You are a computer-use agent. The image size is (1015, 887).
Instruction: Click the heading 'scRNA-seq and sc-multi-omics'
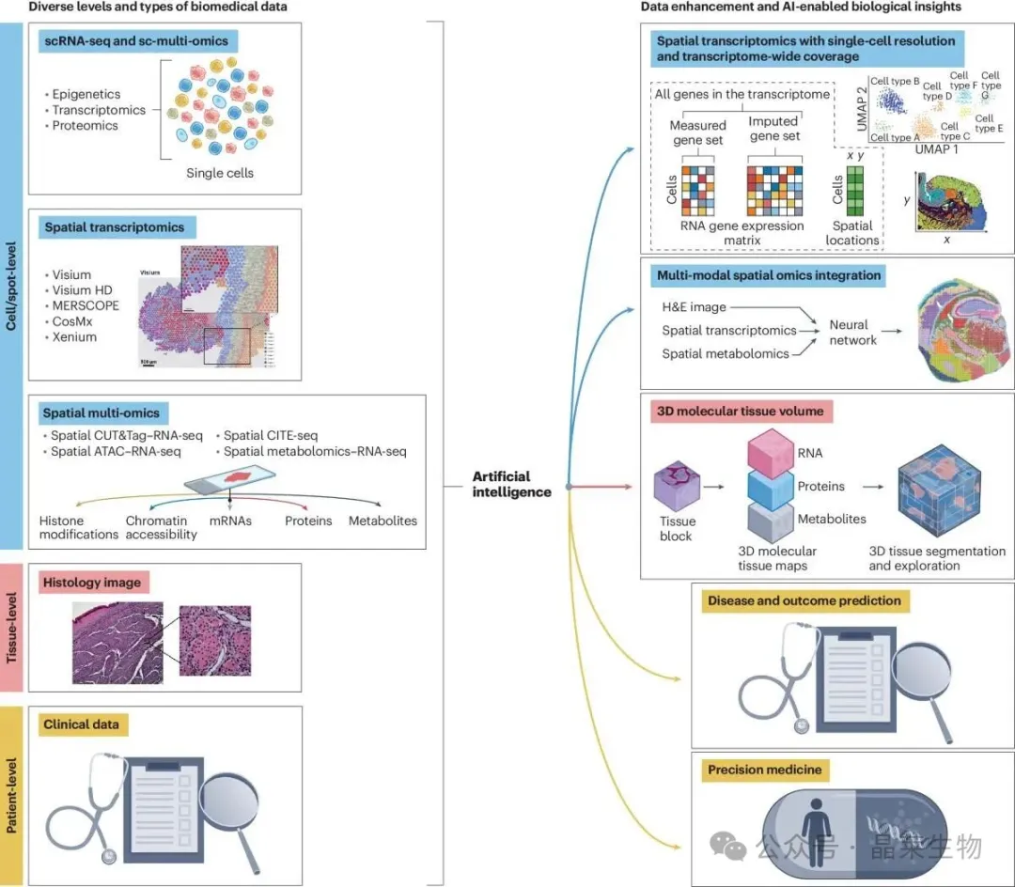tap(136, 41)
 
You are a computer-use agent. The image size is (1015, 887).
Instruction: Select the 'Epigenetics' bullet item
tap(86, 94)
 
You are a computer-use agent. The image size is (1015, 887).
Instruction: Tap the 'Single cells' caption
tap(220, 173)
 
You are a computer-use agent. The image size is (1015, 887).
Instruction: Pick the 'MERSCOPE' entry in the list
tap(88, 306)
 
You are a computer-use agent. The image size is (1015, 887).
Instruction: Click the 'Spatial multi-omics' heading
tap(101, 412)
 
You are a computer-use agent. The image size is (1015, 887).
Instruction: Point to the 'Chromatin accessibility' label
tap(162, 527)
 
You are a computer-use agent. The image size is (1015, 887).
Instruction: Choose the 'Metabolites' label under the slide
tap(383, 521)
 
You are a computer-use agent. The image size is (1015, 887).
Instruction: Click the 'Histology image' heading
tap(91, 583)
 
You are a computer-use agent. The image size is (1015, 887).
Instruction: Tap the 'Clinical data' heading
tap(85, 724)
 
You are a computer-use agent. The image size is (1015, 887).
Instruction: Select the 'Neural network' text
tap(852, 332)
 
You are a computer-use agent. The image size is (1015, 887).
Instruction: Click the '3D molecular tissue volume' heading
tap(742, 411)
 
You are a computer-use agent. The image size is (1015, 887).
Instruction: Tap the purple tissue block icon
tap(676, 490)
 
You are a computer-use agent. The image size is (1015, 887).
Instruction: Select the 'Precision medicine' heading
tap(764, 770)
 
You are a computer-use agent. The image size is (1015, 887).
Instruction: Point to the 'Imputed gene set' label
tap(773, 129)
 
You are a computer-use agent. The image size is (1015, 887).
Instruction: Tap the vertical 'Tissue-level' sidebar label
tap(13, 628)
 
